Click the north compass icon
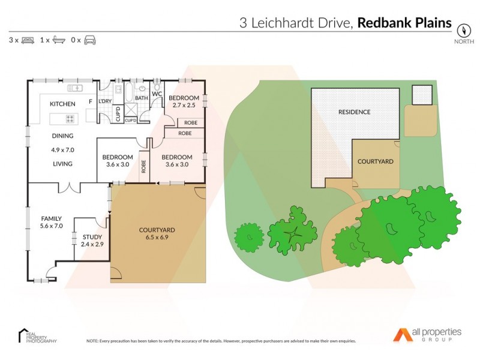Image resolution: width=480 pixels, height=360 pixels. pyautogui.click(x=463, y=30)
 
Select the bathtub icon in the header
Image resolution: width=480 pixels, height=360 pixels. pyautogui.click(x=59, y=40)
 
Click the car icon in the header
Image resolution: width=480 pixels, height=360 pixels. pyautogui.click(x=90, y=40)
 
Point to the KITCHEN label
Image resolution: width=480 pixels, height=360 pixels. pyautogui.click(x=62, y=104)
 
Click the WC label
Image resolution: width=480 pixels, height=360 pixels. pyautogui.click(x=157, y=94)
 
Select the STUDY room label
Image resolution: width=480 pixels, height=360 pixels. pyautogui.click(x=92, y=236)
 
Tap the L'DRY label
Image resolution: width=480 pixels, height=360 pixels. pyautogui.click(x=105, y=101)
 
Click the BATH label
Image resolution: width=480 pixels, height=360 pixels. pyautogui.click(x=142, y=98)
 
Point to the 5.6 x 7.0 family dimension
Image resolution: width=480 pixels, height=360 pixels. pyautogui.click(x=52, y=226)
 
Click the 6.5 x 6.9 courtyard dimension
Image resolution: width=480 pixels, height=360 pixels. pyautogui.click(x=157, y=238)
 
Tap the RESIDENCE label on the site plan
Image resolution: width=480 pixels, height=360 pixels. pyautogui.click(x=354, y=112)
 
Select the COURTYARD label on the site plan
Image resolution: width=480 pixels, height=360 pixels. pyautogui.click(x=375, y=161)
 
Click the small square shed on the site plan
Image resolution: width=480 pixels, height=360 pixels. pyautogui.click(x=422, y=94)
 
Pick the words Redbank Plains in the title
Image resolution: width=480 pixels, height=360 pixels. pyautogui.click(x=405, y=23)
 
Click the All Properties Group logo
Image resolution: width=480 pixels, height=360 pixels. pyautogui.click(x=427, y=334)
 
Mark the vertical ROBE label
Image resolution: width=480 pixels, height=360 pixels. pyautogui.click(x=143, y=166)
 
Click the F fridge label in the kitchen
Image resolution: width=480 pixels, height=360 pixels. pyautogui.click(x=91, y=101)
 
